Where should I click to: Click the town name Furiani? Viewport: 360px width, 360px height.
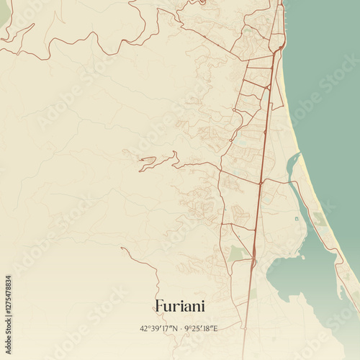[x=179, y=306]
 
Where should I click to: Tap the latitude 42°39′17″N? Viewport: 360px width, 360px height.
[x=160, y=328]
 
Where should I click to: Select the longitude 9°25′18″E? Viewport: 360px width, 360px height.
[x=201, y=328]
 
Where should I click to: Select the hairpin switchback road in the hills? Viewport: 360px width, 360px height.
[x=148, y=162]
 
